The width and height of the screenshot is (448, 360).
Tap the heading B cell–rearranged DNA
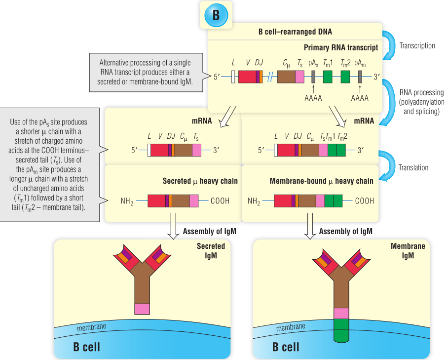(295, 32)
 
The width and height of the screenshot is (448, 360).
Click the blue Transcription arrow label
(417, 45)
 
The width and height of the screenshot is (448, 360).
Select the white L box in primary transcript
(233, 77)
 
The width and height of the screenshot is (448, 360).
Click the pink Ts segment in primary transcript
(299, 77)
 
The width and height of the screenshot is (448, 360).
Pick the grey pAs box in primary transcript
(313, 77)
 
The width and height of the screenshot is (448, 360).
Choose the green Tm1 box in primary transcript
(328, 77)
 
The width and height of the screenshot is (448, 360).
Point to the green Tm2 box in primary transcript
(345, 77)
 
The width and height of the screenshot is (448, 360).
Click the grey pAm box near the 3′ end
(360, 77)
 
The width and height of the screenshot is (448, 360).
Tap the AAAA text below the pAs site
(313, 98)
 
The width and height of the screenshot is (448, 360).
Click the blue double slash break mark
(269, 77)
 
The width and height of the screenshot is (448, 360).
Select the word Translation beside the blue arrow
(413, 167)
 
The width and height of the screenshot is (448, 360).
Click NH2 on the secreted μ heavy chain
(128, 201)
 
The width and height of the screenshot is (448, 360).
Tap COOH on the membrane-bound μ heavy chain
(364, 201)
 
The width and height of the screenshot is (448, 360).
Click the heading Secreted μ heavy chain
(200, 181)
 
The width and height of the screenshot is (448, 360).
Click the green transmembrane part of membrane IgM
(341, 330)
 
